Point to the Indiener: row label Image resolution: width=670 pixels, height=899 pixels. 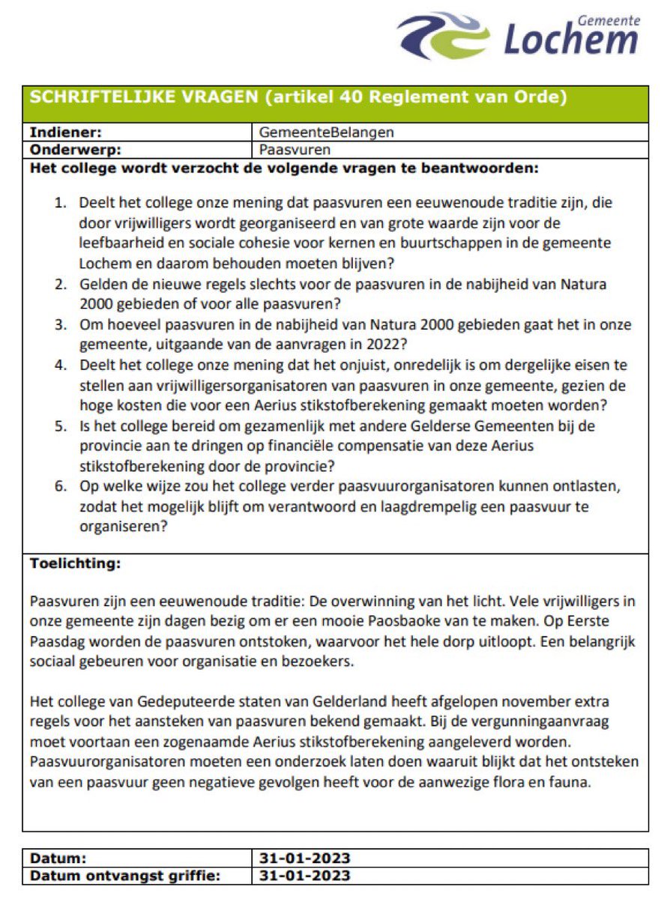click(65, 133)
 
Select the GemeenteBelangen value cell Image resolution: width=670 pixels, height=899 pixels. click(327, 133)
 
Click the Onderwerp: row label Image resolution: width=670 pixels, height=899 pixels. click(75, 149)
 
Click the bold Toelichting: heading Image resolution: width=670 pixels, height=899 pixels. click(75, 564)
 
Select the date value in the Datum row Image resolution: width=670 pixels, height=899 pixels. click(305, 858)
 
